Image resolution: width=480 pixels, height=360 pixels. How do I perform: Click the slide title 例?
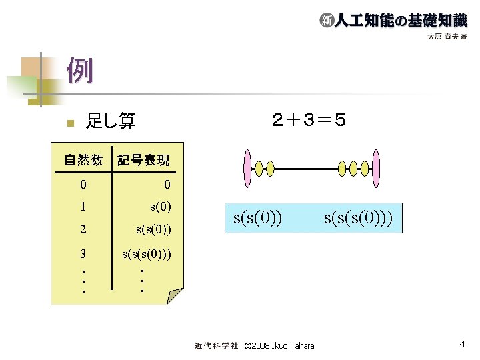point(79,71)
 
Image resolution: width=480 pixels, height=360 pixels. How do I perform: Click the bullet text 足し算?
point(110,121)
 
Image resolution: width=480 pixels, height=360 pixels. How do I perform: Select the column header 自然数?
point(83,160)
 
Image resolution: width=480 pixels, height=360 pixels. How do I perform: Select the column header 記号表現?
point(143,160)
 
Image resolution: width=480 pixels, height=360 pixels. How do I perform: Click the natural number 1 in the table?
point(83,206)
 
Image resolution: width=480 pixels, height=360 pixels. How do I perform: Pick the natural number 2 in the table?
point(83,229)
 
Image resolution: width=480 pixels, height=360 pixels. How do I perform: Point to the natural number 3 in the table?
point(83,253)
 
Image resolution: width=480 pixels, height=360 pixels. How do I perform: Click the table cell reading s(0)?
point(161,206)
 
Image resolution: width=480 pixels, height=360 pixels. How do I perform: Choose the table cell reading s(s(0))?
point(153,229)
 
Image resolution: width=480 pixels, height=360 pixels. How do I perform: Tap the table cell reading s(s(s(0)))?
point(146,253)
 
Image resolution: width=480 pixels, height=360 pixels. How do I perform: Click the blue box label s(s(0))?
point(257,217)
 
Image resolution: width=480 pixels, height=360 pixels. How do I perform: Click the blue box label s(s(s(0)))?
point(363,217)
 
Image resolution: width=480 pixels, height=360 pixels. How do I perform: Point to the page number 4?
point(461,345)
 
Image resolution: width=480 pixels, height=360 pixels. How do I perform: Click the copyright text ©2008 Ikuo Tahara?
point(279,346)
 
